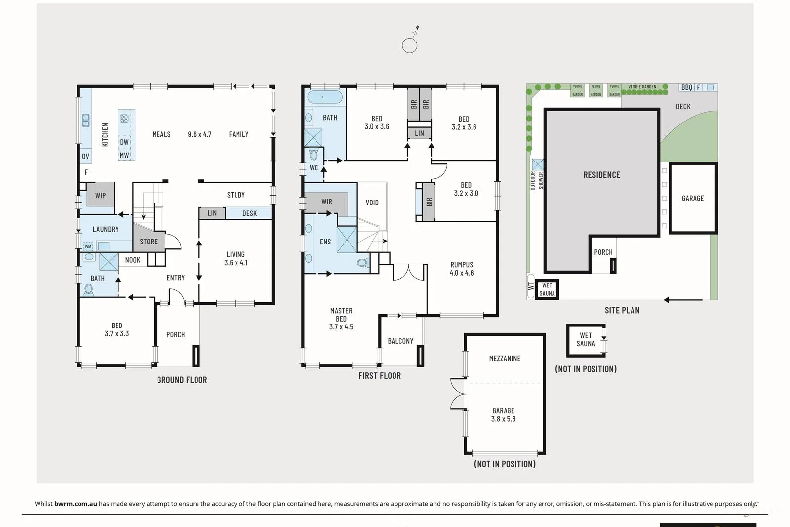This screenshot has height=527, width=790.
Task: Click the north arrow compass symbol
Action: click(x=410, y=45)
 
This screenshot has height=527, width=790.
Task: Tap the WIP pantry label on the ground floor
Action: click(x=100, y=195)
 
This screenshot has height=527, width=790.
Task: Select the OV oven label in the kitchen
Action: click(x=86, y=156)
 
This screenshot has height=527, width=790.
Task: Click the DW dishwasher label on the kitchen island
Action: click(x=124, y=142)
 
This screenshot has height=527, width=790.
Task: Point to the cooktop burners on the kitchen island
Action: click(x=124, y=119)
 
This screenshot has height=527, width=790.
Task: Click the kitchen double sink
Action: click(x=86, y=120)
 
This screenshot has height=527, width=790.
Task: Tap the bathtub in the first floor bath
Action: click(x=324, y=97)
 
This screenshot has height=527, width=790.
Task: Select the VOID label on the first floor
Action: click(x=372, y=203)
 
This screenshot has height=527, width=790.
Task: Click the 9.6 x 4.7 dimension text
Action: click(x=199, y=134)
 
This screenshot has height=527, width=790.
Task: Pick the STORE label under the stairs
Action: click(x=149, y=242)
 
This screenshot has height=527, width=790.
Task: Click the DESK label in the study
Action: click(x=249, y=213)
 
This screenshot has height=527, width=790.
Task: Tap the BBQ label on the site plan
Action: click(x=687, y=87)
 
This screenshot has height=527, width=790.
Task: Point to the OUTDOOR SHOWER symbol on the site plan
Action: click(x=538, y=164)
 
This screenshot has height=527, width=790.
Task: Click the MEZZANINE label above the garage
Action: click(x=505, y=358)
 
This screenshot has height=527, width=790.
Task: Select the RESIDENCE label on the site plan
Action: click(x=601, y=175)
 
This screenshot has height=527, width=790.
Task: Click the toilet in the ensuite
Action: click(x=363, y=263)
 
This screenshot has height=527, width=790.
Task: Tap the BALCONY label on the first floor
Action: click(x=400, y=341)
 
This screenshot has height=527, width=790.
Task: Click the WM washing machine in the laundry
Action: click(x=88, y=246)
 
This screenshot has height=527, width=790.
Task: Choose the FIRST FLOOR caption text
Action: click(x=380, y=376)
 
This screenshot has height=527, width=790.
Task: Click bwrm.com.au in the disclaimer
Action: click(x=76, y=504)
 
